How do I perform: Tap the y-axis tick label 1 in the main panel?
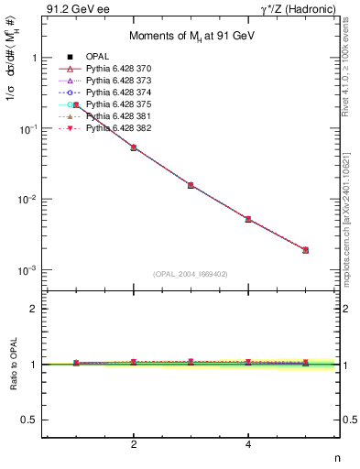tap(35, 58)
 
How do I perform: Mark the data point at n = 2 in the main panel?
tap(134, 147)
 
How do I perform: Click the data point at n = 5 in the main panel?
tap(306, 249)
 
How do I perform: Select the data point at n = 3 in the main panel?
tap(191, 185)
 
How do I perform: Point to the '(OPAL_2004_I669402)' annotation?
tap(190, 273)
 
